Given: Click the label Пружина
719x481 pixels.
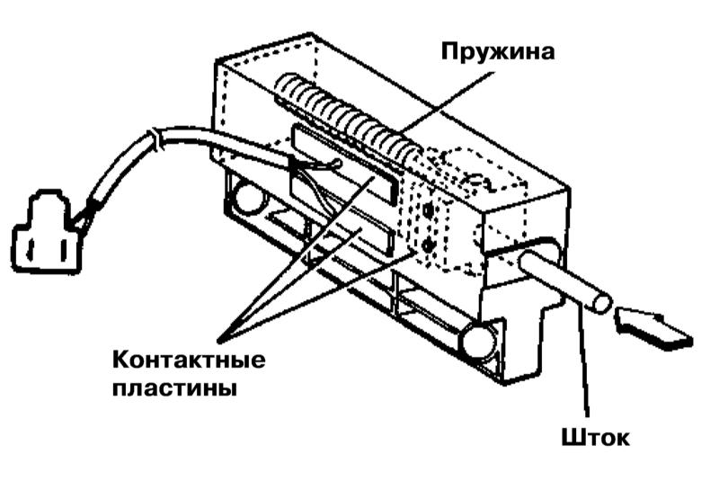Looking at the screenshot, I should click(x=497, y=50).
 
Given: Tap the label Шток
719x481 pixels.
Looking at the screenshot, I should click(x=595, y=439).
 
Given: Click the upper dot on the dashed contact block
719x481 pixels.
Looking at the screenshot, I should click(x=429, y=209).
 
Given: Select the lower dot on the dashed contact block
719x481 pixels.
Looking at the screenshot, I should click(x=428, y=244).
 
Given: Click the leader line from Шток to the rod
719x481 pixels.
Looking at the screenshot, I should click(x=582, y=360).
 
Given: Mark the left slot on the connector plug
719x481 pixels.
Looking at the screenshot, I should click(x=32, y=244).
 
